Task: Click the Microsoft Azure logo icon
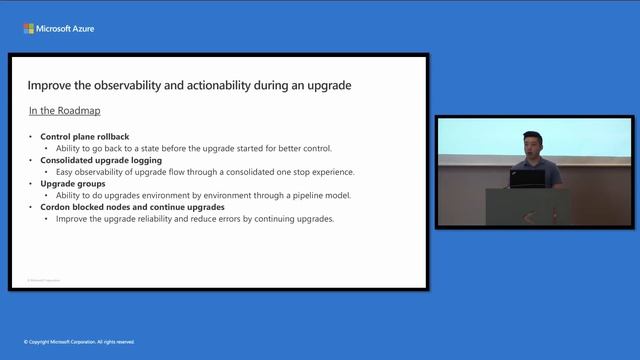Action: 28,29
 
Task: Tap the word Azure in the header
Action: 81,29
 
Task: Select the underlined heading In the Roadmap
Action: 64,110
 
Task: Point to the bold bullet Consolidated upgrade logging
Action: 101,160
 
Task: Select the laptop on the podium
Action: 526,178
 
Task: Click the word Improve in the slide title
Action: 51,86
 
